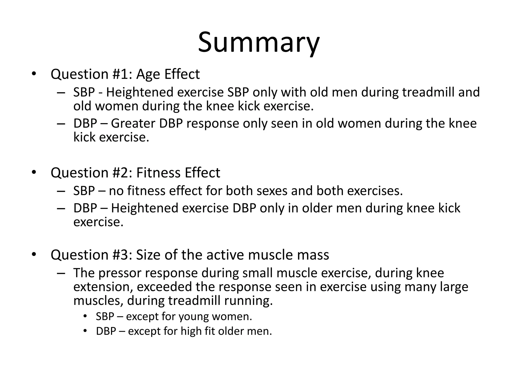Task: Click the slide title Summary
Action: (x=258, y=43)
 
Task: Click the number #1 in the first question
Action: (x=121, y=74)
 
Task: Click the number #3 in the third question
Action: (x=121, y=255)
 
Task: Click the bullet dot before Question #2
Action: (x=34, y=172)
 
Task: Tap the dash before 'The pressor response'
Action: (x=61, y=273)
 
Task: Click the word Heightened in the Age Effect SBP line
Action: (x=140, y=92)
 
